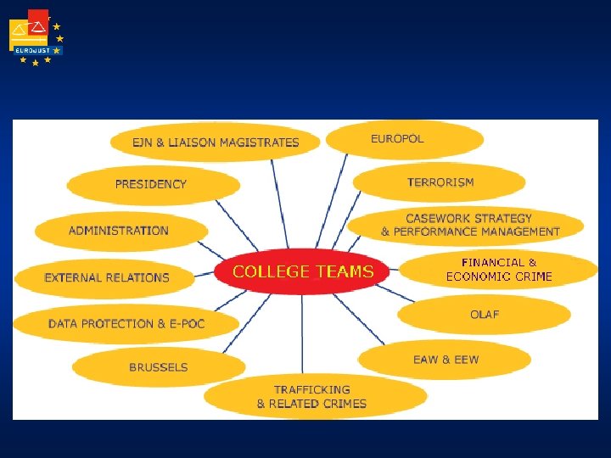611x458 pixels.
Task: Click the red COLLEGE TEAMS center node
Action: coord(303,271)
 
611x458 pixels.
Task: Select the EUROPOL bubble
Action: coord(405,139)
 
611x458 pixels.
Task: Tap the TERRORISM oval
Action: coord(440,182)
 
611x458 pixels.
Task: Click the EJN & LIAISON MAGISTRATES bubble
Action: coord(216,142)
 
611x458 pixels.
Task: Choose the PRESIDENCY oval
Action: coord(153,184)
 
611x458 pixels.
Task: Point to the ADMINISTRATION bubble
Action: coord(121,231)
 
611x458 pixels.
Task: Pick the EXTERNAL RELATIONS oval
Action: coord(108,277)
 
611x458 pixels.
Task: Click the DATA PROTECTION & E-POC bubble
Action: coord(126,323)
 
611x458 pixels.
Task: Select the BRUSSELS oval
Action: coord(159,367)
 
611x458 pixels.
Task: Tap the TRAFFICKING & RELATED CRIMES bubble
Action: coord(313,397)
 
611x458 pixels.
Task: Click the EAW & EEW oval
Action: coord(446,360)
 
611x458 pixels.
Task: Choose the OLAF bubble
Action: coord(485,315)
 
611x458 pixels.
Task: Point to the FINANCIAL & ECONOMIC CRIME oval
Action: coord(499,270)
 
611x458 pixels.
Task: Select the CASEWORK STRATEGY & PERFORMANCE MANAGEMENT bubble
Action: coord(469,225)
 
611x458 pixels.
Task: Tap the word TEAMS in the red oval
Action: coord(344,271)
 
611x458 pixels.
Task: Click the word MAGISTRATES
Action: coord(259,142)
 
